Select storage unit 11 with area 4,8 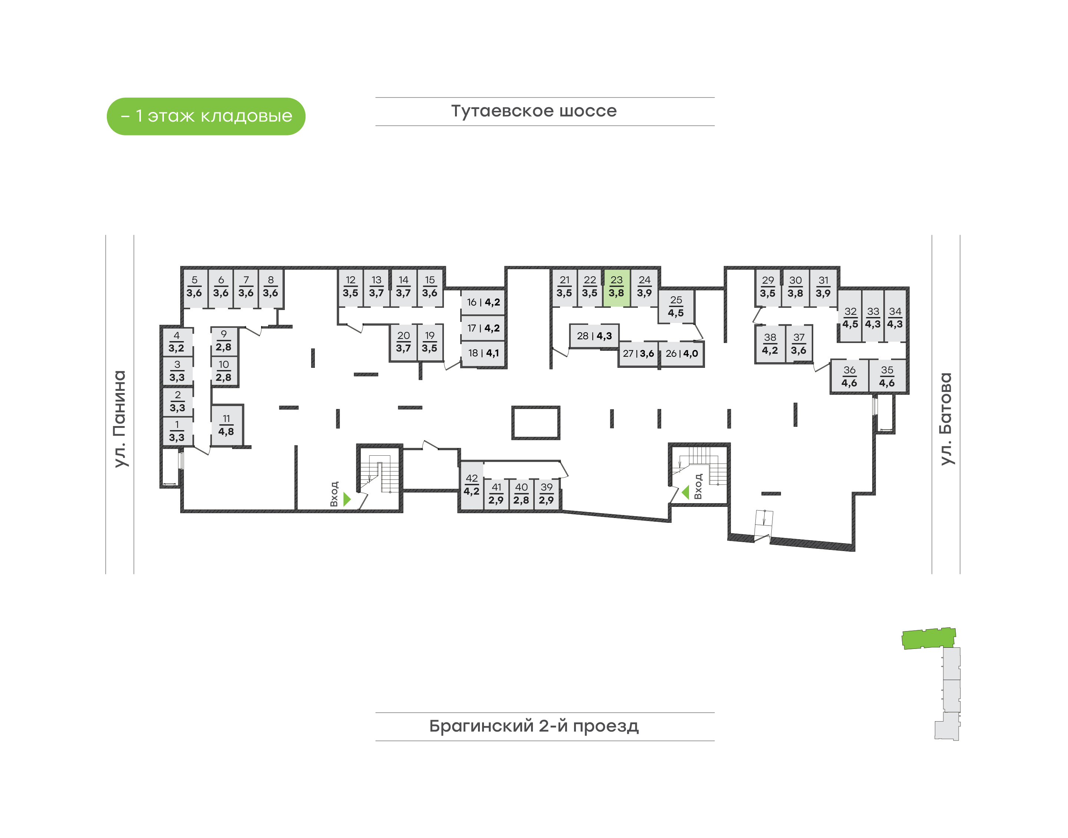226,425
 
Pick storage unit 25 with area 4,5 676,307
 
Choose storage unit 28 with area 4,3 594,336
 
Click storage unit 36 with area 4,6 849,377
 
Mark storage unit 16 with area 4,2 483,302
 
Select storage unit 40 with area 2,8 521,494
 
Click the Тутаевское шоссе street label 534,111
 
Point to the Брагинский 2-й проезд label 534,726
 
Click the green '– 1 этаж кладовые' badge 206,116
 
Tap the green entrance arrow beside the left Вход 347,499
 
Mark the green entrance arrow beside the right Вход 686,492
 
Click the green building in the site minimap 928,638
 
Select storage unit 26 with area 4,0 682,354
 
